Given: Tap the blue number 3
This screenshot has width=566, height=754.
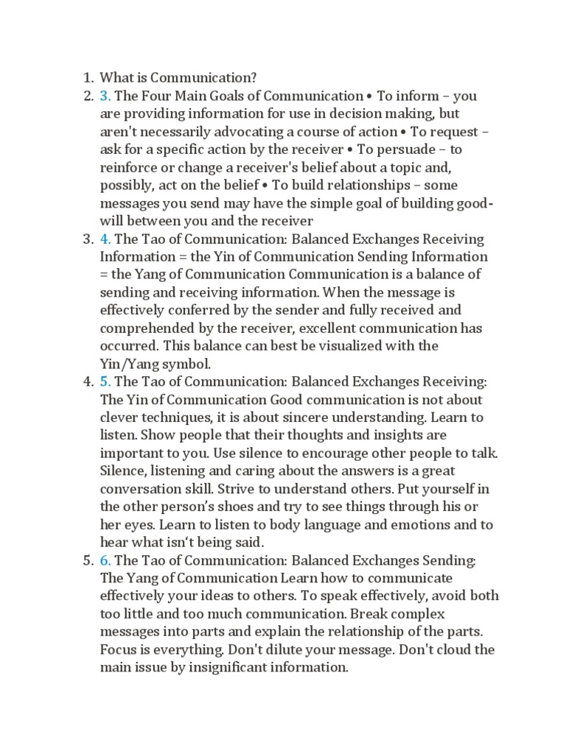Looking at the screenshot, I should [105, 96].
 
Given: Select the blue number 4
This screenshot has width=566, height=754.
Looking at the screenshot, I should [105, 239].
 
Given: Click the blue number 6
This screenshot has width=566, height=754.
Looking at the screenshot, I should [105, 560].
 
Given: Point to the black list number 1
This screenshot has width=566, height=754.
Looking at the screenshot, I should [86, 77].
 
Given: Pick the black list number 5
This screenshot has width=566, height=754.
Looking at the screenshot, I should [86, 560].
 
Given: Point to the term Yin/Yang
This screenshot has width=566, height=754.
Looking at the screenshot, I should [130, 364].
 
